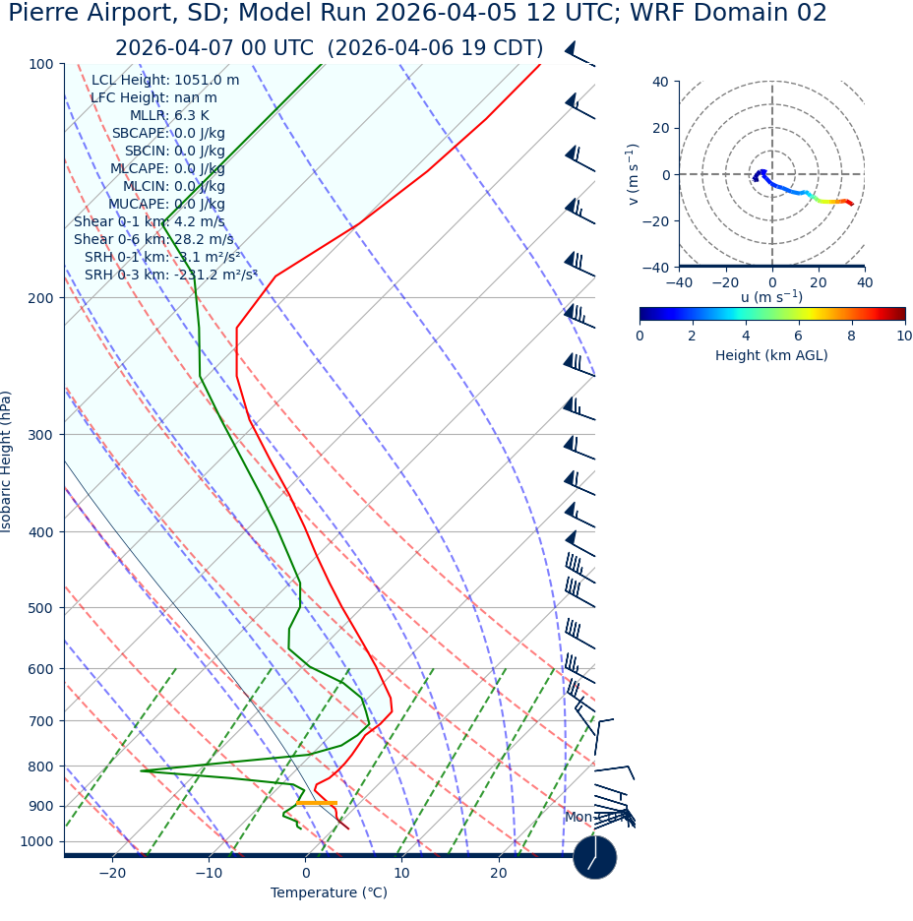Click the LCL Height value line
(x=165, y=80)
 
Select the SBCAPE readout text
(x=168, y=133)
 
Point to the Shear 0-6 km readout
(x=153, y=239)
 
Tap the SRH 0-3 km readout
(x=170, y=275)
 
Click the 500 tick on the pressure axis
(x=40, y=608)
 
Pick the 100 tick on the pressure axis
(x=40, y=64)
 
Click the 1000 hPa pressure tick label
(x=36, y=841)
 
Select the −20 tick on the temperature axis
(x=112, y=873)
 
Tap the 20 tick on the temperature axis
(x=499, y=873)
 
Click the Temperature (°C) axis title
(x=329, y=892)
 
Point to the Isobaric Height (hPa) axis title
(x=7, y=461)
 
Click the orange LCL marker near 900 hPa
(x=317, y=803)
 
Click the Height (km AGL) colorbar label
(x=771, y=355)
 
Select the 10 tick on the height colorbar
(x=904, y=336)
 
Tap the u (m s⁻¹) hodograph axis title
(x=771, y=296)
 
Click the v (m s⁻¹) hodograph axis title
(x=634, y=174)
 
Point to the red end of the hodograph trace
(x=851, y=204)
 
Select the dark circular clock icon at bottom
(x=594, y=857)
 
